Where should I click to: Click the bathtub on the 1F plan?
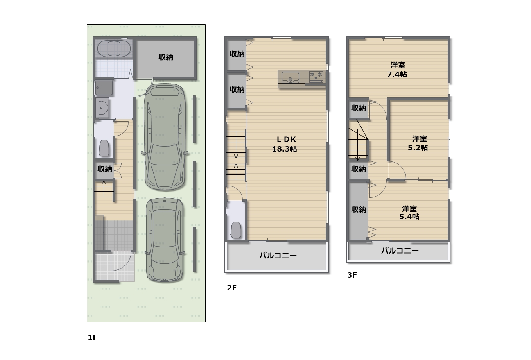[114, 48]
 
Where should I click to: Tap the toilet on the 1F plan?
[104, 148]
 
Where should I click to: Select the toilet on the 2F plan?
[236, 230]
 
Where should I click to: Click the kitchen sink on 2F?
[290, 77]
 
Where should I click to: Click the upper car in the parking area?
[165, 137]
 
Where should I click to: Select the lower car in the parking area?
[165, 240]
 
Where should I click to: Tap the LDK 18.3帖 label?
[285, 144]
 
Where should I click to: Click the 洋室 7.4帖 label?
[397, 70]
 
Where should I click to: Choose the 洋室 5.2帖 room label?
[418, 143]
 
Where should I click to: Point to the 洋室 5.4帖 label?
[409, 213]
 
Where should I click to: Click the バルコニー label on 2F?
[278, 256]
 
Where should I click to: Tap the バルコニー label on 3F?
[400, 250]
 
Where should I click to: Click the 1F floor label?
[93, 337]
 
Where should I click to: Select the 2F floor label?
[232, 288]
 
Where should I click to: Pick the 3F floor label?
[352, 275]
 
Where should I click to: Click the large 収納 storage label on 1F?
[166, 57]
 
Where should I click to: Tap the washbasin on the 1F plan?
[102, 107]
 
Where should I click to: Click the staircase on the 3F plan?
[358, 140]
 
